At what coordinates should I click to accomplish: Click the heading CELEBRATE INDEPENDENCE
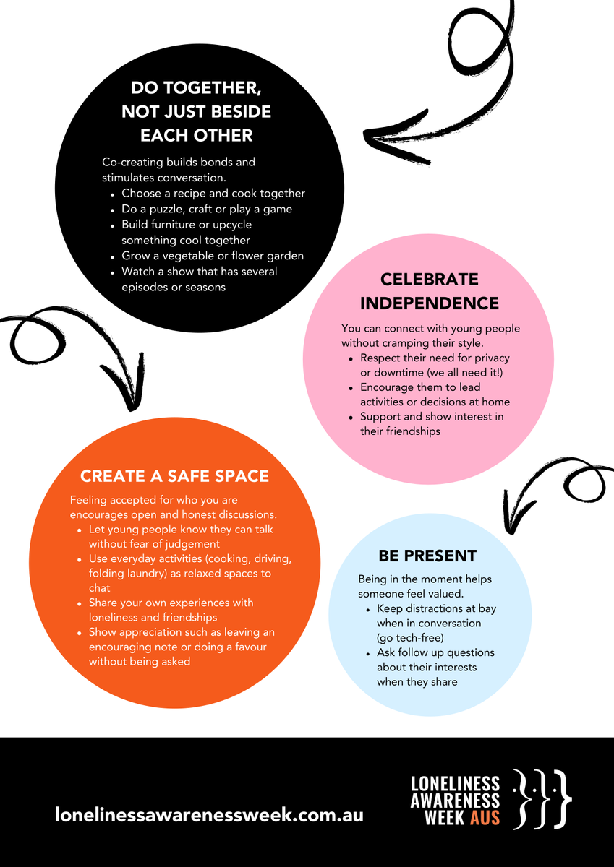429,291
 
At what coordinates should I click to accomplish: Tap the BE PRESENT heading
427,556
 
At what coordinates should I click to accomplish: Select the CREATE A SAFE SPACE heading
174,476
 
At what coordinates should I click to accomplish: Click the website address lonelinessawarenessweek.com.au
209,815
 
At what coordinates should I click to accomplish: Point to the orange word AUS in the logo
485,818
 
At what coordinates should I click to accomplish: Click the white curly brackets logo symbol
542,799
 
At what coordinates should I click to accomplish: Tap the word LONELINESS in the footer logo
455,783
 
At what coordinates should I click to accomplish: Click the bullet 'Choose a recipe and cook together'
213,193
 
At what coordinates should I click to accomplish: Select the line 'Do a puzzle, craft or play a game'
207,209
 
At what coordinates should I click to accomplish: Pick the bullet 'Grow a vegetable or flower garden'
213,256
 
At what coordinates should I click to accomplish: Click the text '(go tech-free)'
410,638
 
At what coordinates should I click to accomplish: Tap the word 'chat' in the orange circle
100,588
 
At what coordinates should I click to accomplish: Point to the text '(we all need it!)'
465,372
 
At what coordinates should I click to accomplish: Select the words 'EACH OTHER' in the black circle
197,136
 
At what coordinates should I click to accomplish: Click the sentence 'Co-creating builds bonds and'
179,162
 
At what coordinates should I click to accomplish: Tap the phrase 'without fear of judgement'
154,544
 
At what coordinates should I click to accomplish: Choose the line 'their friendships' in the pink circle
400,431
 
